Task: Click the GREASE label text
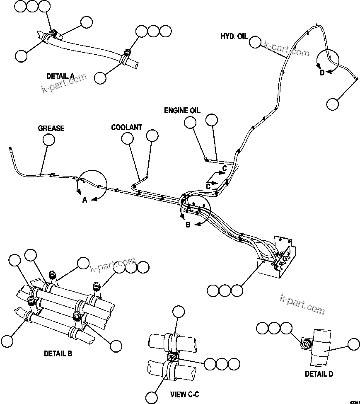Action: pyautogui.click(x=51, y=128)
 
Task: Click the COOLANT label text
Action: pyautogui.click(x=126, y=128)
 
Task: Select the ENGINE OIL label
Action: pyautogui.click(x=182, y=111)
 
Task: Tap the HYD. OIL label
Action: pyautogui.click(x=234, y=36)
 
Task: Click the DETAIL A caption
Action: pyautogui.click(x=60, y=76)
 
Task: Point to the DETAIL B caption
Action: pyautogui.click(x=58, y=354)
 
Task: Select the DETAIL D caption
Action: pyautogui.click(x=319, y=374)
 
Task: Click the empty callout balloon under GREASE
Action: pyautogui.click(x=49, y=140)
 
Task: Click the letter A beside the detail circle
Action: pyautogui.click(x=85, y=200)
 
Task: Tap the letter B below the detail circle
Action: pyautogui.click(x=188, y=225)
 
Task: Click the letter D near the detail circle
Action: pyautogui.click(x=321, y=73)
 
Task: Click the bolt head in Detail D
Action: pyautogui.click(x=307, y=343)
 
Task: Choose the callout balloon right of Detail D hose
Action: pyautogui.click(x=354, y=344)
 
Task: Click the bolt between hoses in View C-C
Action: pyautogui.click(x=172, y=357)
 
